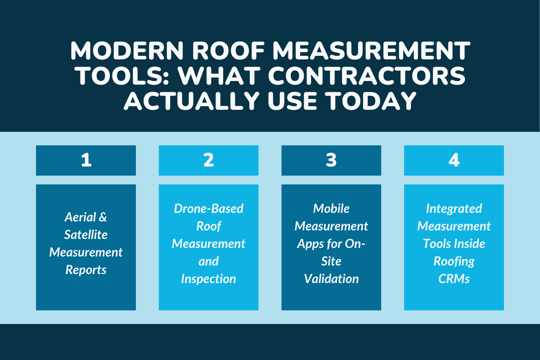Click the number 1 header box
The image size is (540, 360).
pyautogui.click(x=86, y=161)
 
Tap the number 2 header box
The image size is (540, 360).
pyautogui.click(x=208, y=161)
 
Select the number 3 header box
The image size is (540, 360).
pyautogui.click(x=331, y=161)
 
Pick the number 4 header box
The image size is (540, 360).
pyautogui.click(x=454, y=161)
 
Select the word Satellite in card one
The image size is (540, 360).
pyautogui.click(x=85, y=235)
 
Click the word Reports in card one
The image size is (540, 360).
pyautogui.click(x=86, y=270)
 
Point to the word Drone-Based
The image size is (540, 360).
pyautogui.click(x=208, y=209)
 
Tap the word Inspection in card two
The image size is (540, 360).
pyautogui.click(x=208, y=279)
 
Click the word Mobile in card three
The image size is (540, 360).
pyautogui.click(x=331, y=209)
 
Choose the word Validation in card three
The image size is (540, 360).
pyautogui.click(x=331, y=279)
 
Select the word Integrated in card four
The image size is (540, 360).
pyautogui.click(x=454, y=209)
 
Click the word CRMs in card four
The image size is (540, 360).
pyautogui.click(x=454, y=279)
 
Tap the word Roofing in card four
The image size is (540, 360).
pyautogui.click(x=454, y=261)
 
